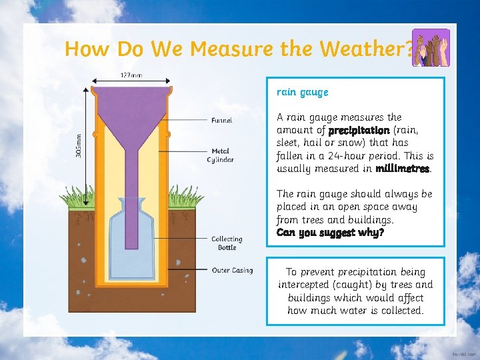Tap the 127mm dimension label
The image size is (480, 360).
pyautogui.click(x=131, y=75)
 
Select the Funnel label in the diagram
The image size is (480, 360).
pyautogui.click(x=222, y=121)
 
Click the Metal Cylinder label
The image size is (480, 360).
pyautogui.click(x=221, y=155)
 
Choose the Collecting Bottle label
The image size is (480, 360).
pyautogui.click(x=227, y=243)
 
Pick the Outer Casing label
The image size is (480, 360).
pyautogui.click(x=232, y=270)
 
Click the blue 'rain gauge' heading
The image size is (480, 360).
pyautogui.click(x=303, y=92)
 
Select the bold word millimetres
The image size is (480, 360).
pyautogui.click(x=403, y=169)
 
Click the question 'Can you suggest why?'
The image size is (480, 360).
pyautogui.click(x=330, y=233)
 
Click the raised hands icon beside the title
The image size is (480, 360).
pyautogui.click(x=431, y=48)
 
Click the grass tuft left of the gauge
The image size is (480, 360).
pyautogui.click(x=77, y=196)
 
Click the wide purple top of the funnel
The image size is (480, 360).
pyautogui.click(x=130, y=95)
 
